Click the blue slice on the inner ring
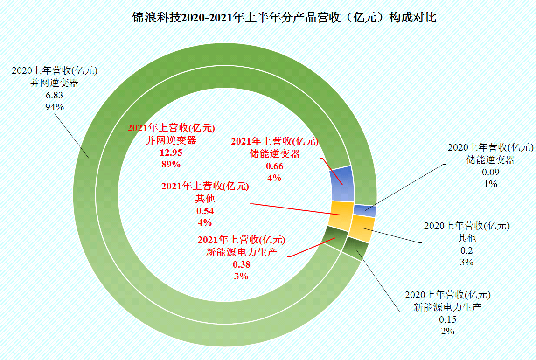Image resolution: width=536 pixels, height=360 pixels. pyautogui.click(x=342, y=183)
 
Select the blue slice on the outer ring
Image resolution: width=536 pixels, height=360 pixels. pyautogui.click(x=365, y=210)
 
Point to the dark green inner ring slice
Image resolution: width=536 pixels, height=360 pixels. pyautogui.click(x=335, y=237)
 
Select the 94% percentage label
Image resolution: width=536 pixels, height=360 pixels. pyautogui.click(x=54, y=107)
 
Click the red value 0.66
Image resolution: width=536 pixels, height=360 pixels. pyautogui.click(x=274, y=166)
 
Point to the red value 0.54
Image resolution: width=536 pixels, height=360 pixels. pyautogui.click(x=205, y=211)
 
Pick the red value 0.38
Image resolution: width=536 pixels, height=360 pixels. pyautogui.click(x=241, y=264)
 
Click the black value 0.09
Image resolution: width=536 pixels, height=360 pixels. pyautogui.click(x=490, y=172)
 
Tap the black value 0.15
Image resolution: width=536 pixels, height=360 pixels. pyautogui.click(x=447, y=319)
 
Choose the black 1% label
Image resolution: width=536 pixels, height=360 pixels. pyautogui.click(x=490, y=184)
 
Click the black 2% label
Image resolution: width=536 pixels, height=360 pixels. pyautogui.click(x=447, y=331)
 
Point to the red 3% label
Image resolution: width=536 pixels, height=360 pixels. pyautogui.click(x=241, y=276)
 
